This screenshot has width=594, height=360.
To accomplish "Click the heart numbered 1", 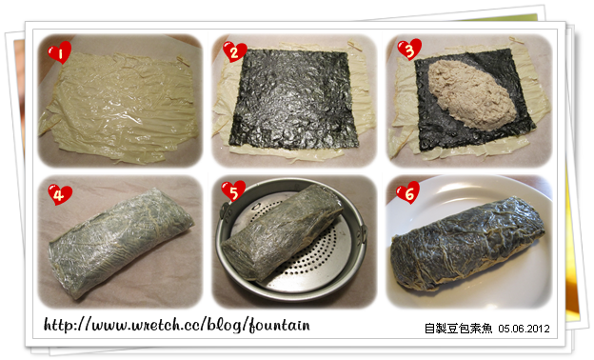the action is coord(59,52).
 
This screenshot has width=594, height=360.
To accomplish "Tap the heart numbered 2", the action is coord(234,51).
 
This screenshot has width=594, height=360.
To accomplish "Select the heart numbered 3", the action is coord(409,50).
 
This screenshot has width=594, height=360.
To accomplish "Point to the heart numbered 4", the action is coord(59,195).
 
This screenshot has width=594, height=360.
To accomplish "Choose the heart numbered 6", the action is coord(408,192).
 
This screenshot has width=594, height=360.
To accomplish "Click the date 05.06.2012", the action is coord(524,329).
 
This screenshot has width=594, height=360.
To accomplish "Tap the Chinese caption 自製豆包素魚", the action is coord(458,328).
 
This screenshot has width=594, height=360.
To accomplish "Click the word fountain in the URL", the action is coord(280,325).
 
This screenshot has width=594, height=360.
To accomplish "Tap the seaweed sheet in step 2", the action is coord(293,98).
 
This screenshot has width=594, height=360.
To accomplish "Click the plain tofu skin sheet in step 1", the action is coord(119,108).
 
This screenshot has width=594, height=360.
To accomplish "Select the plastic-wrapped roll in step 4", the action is coord(121,242).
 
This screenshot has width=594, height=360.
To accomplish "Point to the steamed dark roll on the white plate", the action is coord(467,244).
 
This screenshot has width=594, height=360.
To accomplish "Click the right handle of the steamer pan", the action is coord(364,235).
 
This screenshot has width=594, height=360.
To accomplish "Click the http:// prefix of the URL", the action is coord(68,325).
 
